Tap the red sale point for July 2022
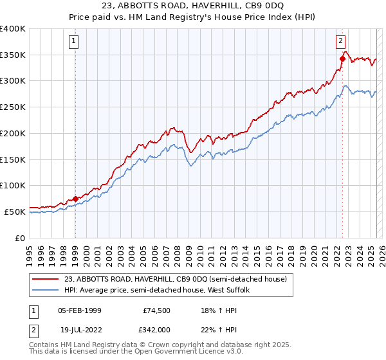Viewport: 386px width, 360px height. point(342,59)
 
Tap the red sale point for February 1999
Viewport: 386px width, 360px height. point(75,199)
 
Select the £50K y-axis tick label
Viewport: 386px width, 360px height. point(15,212)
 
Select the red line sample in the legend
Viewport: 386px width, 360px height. point(45,279)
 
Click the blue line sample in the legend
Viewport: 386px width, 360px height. point(45,290)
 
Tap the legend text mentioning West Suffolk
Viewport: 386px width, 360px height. point(161,290)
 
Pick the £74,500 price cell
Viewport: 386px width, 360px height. point(156,310)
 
